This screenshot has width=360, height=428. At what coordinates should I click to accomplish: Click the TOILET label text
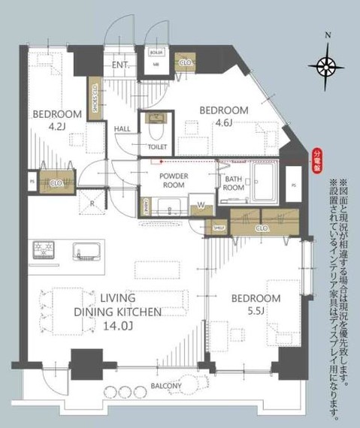(x=157, y=146)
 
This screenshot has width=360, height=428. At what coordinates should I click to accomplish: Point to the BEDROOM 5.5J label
(x=255, y=305)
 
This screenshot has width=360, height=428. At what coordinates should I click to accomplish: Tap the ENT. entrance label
(x=119, y=65)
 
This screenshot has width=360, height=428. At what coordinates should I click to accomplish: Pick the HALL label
(x=123, y=129)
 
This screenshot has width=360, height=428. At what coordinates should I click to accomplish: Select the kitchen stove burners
(x=43, y=248)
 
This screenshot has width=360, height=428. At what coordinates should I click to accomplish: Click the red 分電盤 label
(x=316, y=161)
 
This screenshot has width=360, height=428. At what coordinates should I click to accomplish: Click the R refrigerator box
(x=91, y=202)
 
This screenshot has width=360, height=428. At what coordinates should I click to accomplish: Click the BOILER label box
(x=156, y=53)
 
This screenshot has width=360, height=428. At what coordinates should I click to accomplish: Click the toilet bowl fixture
(x=157, y=123)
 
